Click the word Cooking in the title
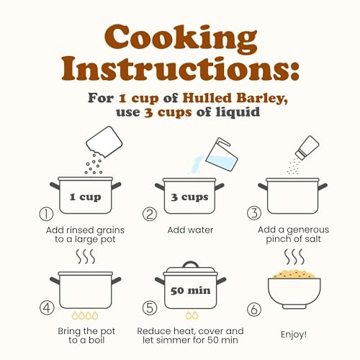pyautogui.click(x=181, y=40)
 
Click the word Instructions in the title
pyautogui.click(x=181, y=69)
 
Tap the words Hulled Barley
pyautogui.click(x=235, y=98)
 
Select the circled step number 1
pyautogui.click(x=46, y=214)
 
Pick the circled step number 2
pyautogui.click(x=150, y=214)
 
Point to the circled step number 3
pyautogui.click(x=254, y=213)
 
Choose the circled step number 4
pyautogui.click(x=47, y=307)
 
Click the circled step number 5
pyautogui.click(x=150, y=307)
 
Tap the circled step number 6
pyautogui.click(x=254, y=310)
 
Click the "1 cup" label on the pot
pyautogui.click(x=85, y=197)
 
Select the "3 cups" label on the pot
pyautogui.click(x=189, y=197)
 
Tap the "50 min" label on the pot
pyautogui.click(x=190, y=291)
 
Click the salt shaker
pyautogui.click(x=307, y=148)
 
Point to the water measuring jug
pyautogui.click(x=222, y=155)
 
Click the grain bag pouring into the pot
pyautogui.click(x=104, y=142)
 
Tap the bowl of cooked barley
pyautogui.click(x=294, y=289)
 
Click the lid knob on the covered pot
pyautogui.click(x=191, y=264)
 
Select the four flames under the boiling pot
pyautogui.click(x=85, y=315)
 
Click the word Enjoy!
pyautogui.click(x=294, y=335)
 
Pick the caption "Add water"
pyautogui.click(x=190, y=230)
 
